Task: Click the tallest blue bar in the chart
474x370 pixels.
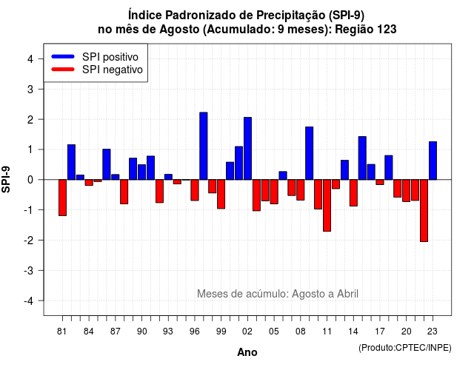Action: coord(204,146)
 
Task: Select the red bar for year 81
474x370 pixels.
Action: coord(62,198)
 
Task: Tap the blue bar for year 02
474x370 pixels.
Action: coord(247,148)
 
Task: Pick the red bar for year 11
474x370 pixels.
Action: coord(327,206)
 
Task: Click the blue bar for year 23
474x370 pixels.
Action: coord(433,161)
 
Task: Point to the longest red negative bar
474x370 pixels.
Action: coord(424,210)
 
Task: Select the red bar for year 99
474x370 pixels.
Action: coord(221,194)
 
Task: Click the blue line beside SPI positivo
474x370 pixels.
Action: coord(63,56)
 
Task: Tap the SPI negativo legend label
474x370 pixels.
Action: coord(113,70)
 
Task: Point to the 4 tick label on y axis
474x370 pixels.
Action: coord(30,59)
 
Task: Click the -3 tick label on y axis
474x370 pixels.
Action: coord(29,271)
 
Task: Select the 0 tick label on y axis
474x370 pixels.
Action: coord(30,180)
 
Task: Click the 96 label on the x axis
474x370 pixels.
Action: coord(195,332)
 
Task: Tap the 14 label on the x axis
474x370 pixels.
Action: coord(353,332)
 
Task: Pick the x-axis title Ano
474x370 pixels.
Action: coord(247,352)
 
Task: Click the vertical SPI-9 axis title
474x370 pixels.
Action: coord(6,179)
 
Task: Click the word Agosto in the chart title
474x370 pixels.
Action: coord(180,30)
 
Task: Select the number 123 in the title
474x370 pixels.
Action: coord(386,30)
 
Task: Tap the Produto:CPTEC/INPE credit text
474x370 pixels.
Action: coord(405,348)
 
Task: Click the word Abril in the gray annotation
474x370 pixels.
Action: coord(347,294)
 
